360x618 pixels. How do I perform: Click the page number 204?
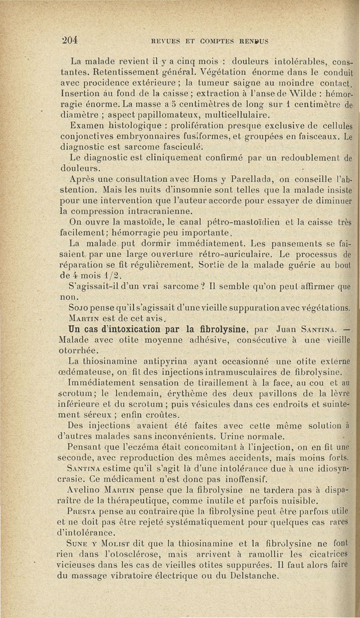(71, 39)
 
